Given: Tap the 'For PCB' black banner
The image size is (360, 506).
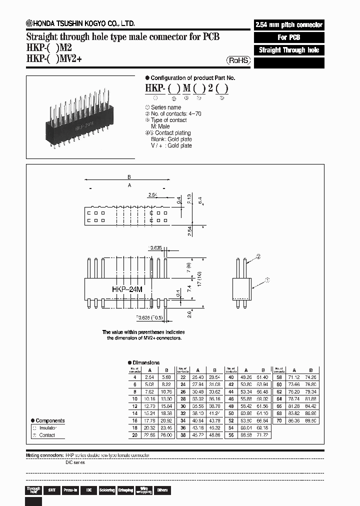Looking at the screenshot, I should point(289,37).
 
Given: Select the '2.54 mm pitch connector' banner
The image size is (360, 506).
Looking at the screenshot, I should point(289,24).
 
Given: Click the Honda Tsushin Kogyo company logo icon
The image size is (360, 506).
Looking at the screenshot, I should point(29,23).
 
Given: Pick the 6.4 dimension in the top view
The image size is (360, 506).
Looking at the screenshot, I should point(199,201).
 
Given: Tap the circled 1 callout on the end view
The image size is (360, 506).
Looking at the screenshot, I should point(267,281).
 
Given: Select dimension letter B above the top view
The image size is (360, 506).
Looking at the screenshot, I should point(129,177).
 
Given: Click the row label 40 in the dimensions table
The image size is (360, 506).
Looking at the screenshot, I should point(230,377).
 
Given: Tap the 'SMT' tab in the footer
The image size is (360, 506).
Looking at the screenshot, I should point(51,490).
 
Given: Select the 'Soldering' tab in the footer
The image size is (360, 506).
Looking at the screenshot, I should point(106,490).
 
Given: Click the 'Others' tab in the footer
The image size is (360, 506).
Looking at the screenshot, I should point(161,490).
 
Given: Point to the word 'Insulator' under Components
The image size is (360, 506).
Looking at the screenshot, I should point(48,428).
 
